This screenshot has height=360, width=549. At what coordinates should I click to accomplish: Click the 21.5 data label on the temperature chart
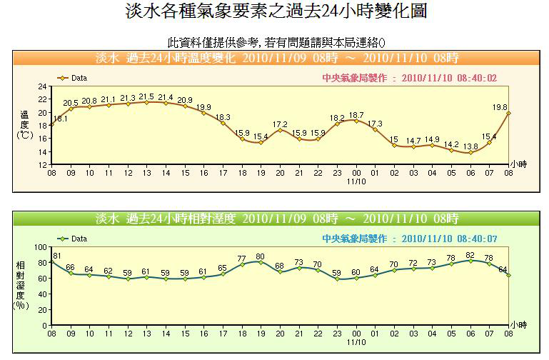[x=146, y=96]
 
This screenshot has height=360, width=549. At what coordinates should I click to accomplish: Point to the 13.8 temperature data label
[x=470, y=146]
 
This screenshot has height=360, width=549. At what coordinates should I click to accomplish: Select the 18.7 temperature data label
[x=356, y=115]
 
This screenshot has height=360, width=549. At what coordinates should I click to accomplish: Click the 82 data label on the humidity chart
[x=470, y=255]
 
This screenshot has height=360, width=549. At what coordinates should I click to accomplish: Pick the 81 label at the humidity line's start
[x=57, y=256]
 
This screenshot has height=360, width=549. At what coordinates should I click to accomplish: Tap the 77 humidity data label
[x=242, y=259]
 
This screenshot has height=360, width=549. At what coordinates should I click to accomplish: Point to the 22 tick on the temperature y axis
[x=43, y=99]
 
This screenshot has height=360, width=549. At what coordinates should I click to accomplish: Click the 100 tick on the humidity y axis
[x=40, y=247]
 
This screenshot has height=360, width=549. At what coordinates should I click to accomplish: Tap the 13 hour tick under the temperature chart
[x=146, y=173]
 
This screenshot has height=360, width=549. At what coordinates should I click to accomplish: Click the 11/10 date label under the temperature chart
[x=356, y=181]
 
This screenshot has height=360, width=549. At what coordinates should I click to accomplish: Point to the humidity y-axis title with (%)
[x=22, y=284]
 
